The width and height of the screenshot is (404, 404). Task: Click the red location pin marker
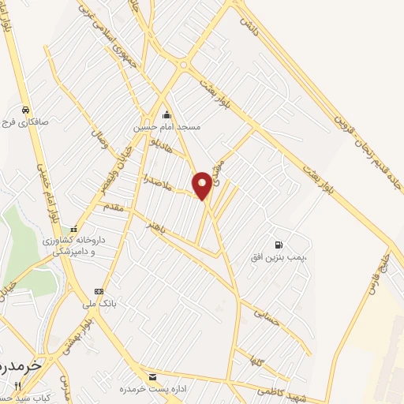click(203, 185)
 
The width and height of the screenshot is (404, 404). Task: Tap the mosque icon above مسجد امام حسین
click(166, 114)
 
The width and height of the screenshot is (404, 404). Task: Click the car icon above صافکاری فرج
click(26, 109)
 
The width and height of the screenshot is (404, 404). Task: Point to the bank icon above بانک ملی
click(98, 290)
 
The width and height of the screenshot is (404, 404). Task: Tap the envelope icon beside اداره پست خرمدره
click(152, 376)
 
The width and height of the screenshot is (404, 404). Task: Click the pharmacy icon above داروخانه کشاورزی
click(73, 230)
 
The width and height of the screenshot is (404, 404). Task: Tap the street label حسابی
click(267, 316)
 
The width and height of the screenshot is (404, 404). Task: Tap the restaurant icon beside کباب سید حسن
click(17, 385)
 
